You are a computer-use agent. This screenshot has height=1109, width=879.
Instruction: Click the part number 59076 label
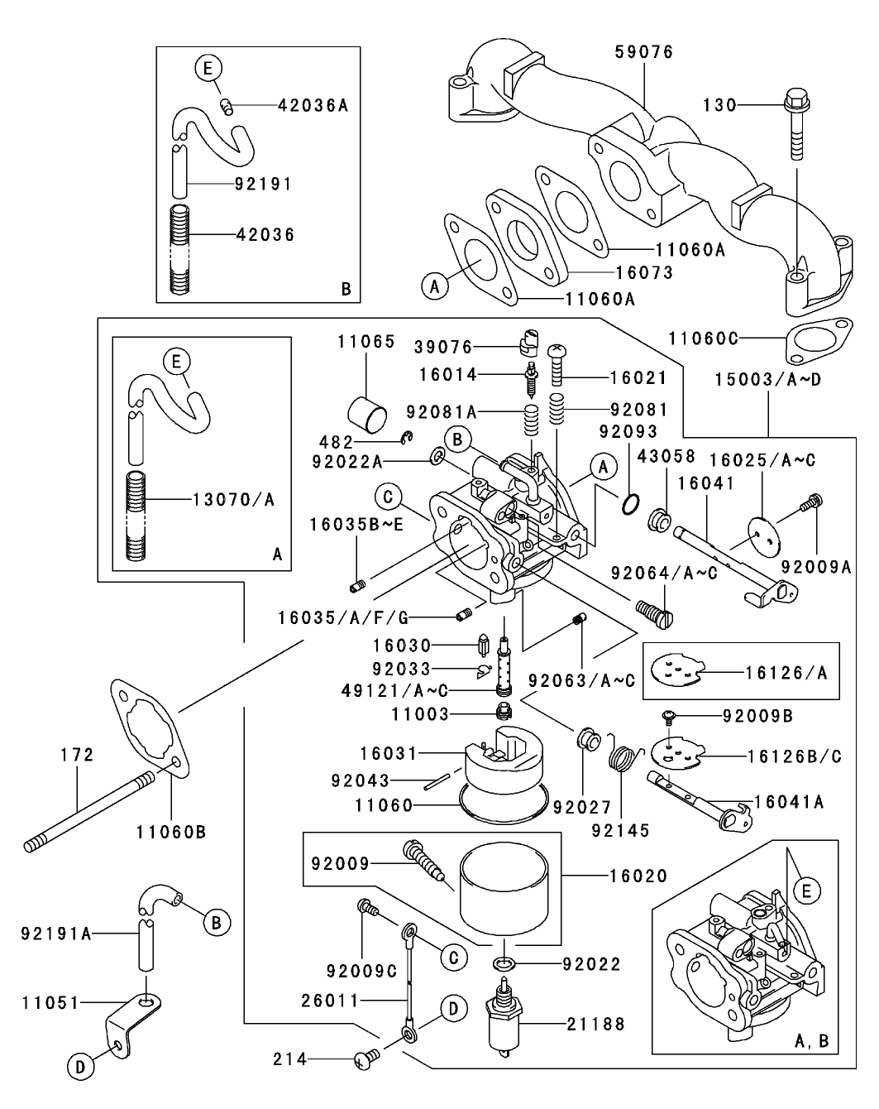[x=643, y=52]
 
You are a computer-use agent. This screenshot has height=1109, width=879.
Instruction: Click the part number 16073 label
[x=644, y=272]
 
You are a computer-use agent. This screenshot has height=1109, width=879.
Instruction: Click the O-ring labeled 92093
[x=630, y=502]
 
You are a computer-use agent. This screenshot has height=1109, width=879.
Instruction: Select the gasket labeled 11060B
[x=149, y=724]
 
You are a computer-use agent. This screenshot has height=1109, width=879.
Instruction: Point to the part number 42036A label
[x=313, y=105]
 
